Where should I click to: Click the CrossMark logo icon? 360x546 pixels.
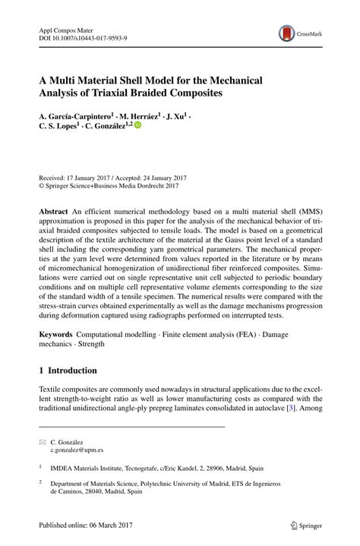[288, 34]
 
